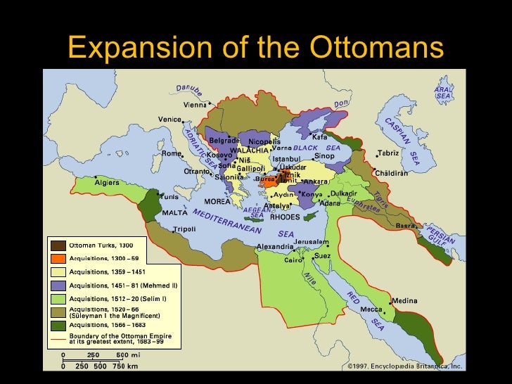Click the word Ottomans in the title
tap(377, 47)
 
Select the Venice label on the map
tap(169, 120)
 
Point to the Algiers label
tap(105, 182)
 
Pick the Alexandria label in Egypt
tap(274, 246)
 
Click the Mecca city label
tap(371, 309)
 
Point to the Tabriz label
tap(389, 153)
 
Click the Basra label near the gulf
tap(406, 226)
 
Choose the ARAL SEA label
tap(443, 93)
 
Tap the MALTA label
tap(175, 212)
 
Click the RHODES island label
tap(285, 217)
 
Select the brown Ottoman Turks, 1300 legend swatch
tap(58, 245)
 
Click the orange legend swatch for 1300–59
tap(58, 258)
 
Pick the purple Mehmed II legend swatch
tap(58, 285)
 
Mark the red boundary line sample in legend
tap(58, 338)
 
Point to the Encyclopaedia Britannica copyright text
tap(404, 366)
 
